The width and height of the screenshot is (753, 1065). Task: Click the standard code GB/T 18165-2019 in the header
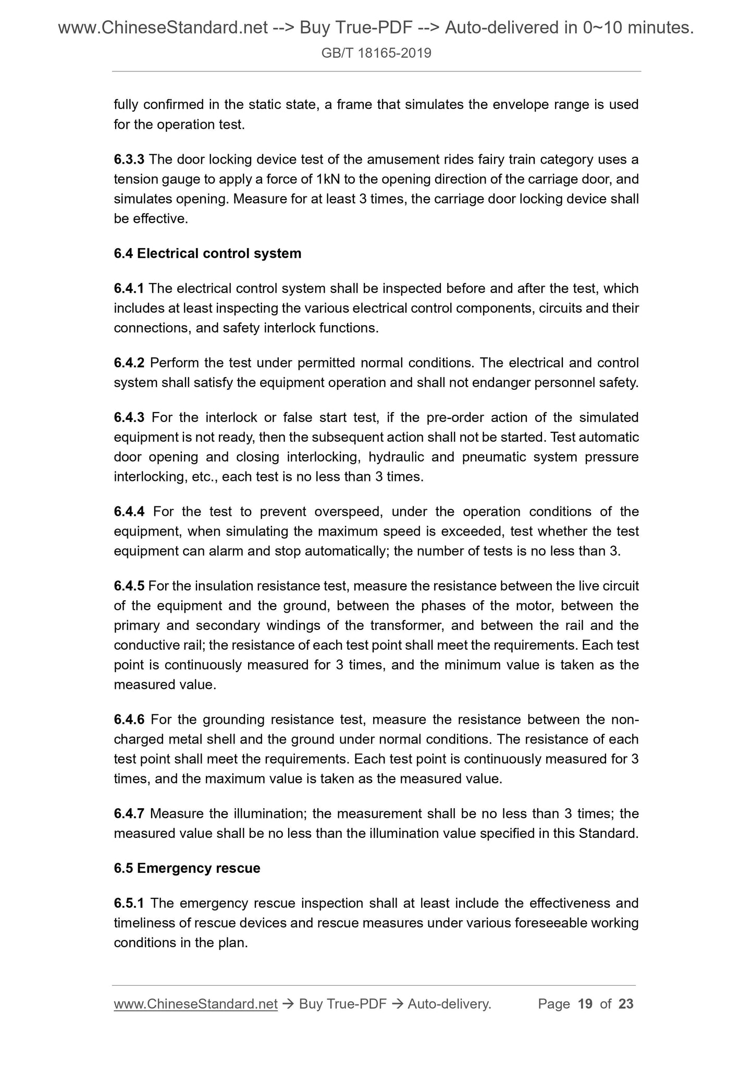tap(376, 53)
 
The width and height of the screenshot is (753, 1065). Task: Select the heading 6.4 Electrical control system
tap(207, 254)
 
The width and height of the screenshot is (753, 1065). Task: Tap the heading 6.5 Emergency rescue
tap(187, 869)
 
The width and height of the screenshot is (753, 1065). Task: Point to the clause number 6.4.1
tap(129, 289)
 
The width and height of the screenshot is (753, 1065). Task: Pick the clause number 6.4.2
tap(129, 363)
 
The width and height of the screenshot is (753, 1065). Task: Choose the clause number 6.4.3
tap(130, 418)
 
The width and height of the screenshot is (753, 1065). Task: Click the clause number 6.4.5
tap(129, 586)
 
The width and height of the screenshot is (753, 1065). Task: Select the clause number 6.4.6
tap(130, 720)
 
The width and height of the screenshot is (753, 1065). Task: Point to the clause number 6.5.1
tap(129, 903)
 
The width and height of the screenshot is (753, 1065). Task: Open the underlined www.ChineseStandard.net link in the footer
tap(195, 1004)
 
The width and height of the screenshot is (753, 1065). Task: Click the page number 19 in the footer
tap(585, 1004)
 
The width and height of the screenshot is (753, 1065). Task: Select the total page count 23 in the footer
tap(626, 1004)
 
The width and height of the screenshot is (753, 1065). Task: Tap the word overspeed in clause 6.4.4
tap(349, 512)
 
